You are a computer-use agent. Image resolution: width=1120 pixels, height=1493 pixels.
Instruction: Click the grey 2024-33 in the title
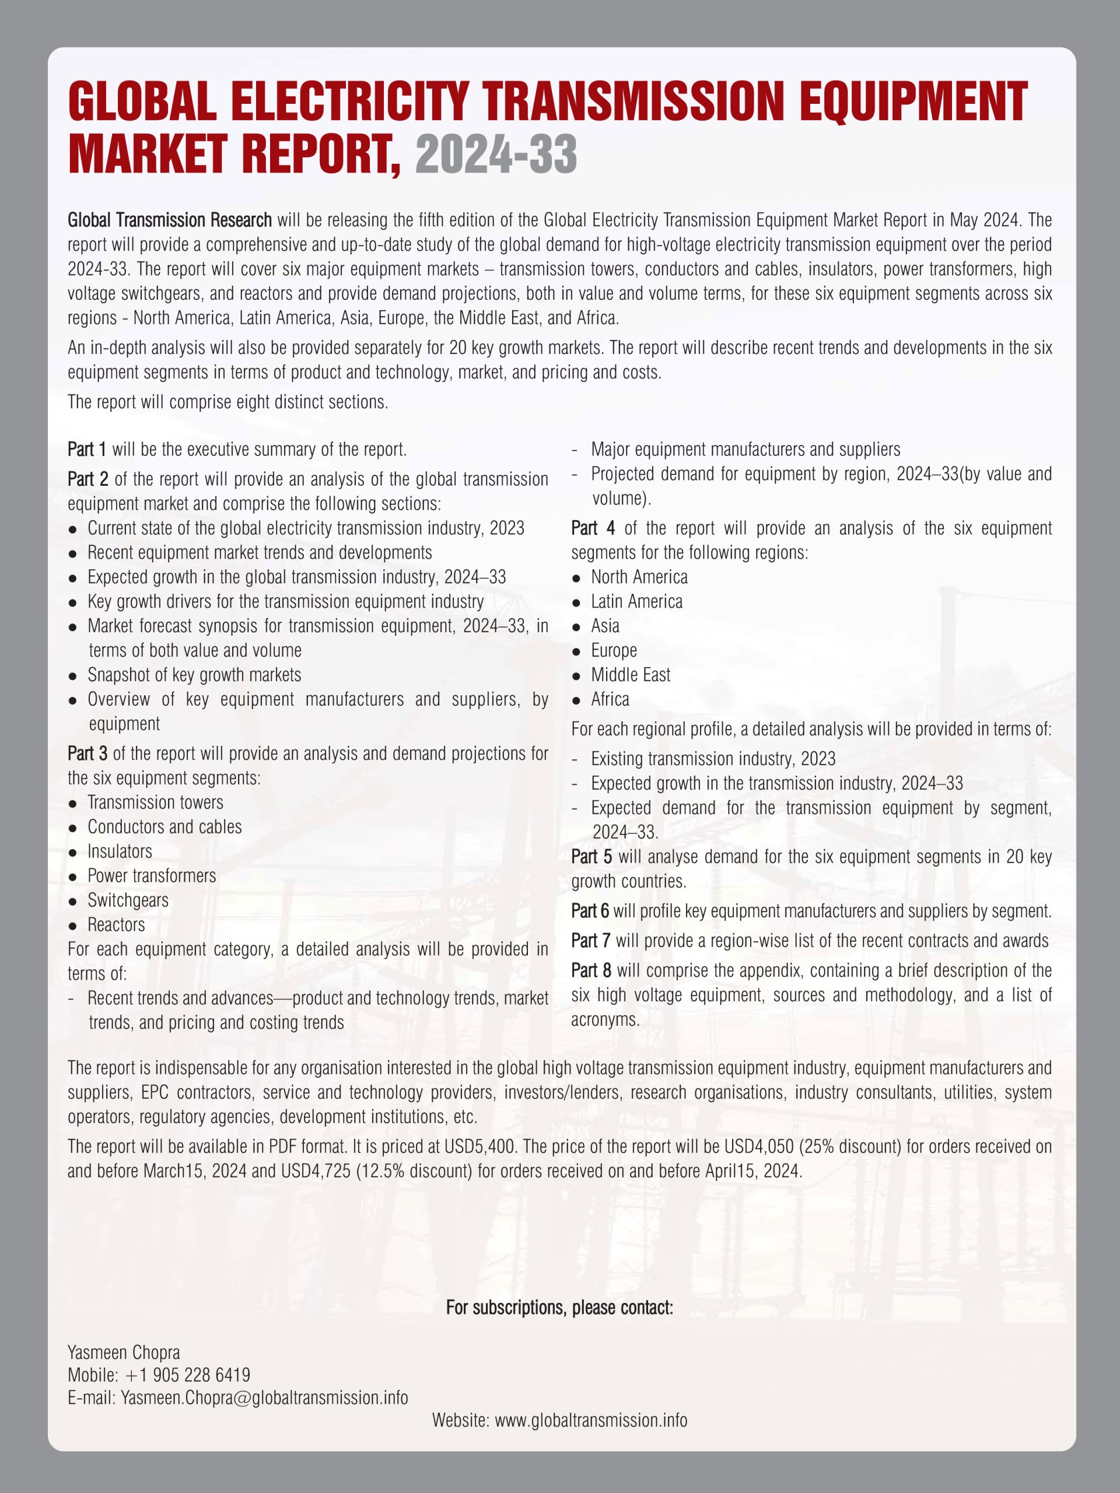click(496, 155)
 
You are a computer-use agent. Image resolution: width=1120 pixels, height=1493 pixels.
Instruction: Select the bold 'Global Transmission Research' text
click(169, 220)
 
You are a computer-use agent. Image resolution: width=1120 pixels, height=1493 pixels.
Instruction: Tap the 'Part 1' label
click(87, 450)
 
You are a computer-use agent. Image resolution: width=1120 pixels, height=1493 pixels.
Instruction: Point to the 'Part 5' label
click(591, 857)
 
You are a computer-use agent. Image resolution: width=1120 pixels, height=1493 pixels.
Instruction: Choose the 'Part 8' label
click(591, 970)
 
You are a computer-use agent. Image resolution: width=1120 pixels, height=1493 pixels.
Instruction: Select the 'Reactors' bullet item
click(116, 925)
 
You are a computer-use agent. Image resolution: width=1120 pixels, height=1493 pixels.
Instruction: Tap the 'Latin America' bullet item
click(636, 601)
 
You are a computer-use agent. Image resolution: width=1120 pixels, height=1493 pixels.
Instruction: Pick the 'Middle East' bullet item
click(631, 675)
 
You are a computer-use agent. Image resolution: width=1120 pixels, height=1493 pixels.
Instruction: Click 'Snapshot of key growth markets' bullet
click(194, 675)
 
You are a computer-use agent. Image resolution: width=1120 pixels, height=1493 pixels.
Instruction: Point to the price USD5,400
click(480, 1147)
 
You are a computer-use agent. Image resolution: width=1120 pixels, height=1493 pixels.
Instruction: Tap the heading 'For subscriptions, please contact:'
click(559, 1308)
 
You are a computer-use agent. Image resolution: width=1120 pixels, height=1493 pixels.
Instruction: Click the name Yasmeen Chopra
click(124, 1352)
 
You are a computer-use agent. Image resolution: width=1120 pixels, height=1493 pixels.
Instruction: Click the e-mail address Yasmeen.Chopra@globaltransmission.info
click(265, 1397)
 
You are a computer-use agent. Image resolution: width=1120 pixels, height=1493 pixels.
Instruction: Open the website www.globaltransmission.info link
click(591, 1420)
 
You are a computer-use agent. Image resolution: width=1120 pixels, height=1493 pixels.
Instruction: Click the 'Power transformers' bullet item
click(152, 876)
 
